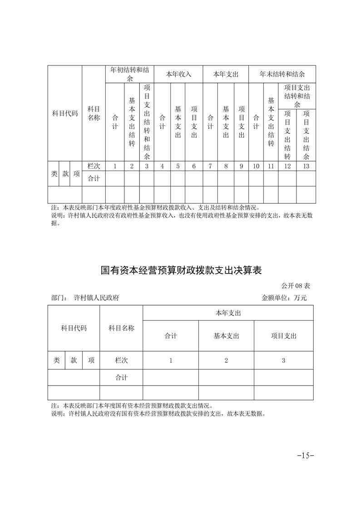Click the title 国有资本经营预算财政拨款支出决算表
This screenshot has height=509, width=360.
[181, 271]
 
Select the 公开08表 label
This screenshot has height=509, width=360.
[296, 286]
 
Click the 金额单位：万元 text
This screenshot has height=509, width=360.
[284, 298]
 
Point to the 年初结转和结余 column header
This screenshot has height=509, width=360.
[130, 74]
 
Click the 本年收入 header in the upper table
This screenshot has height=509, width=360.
[178, 74]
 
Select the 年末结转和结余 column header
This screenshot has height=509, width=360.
[281, 74]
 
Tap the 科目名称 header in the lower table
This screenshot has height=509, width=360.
[121, 328]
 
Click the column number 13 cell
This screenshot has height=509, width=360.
[306, 166]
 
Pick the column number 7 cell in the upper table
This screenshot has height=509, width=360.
[210, 166]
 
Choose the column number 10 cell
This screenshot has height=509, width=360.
[256, 166]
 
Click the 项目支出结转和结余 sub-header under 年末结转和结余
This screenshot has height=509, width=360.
[297, 96]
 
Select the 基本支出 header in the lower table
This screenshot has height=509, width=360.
[226, 336]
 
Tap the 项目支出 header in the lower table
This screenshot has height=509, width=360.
[283, 336]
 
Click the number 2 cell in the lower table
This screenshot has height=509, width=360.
[226, 361]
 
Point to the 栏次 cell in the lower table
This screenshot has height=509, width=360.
[121, 361]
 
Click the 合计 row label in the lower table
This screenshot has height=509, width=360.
[121, 377]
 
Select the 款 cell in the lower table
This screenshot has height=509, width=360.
[74, 361]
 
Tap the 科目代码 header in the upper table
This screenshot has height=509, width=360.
[65, 113]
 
